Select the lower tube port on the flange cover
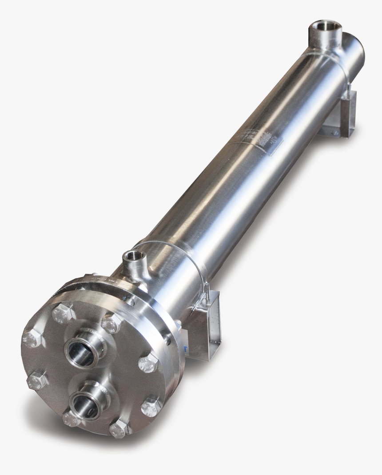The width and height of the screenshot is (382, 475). point(88,399)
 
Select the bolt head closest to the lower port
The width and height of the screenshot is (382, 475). point(71,418)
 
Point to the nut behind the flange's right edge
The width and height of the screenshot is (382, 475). point(168,340)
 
